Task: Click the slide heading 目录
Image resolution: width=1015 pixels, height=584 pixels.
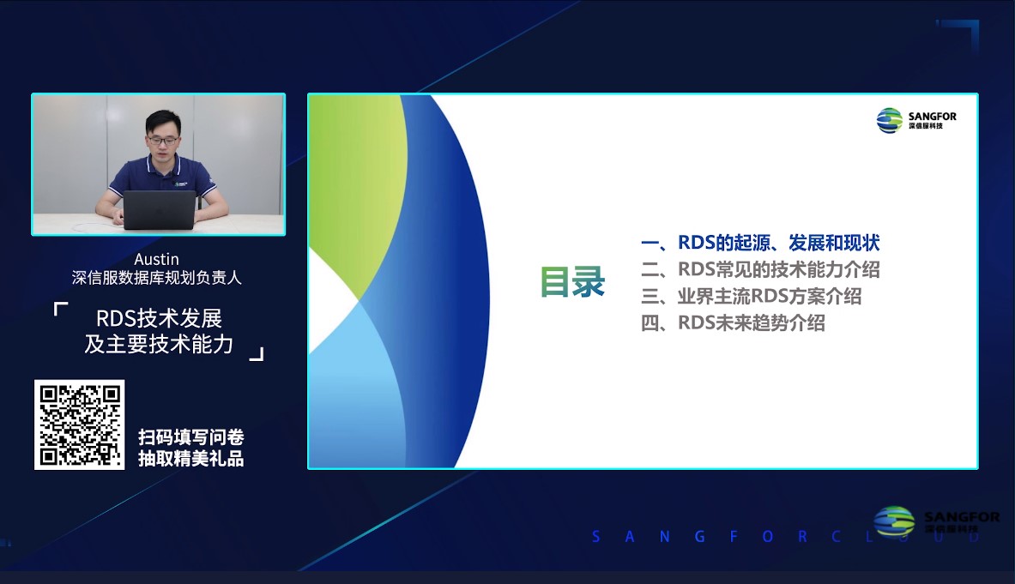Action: (x=572, y=282)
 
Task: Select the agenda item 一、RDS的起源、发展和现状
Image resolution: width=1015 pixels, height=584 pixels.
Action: (x=760, y=243)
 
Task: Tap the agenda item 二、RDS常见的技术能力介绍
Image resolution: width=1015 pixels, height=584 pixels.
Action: (x=760, y=269)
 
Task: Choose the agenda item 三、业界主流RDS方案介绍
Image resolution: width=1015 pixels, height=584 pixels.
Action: (x=751, y=297)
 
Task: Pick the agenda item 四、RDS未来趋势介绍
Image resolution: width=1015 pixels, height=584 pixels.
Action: (x=733, y=323)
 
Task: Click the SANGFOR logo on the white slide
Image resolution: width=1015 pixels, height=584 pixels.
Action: (x=915, y=120)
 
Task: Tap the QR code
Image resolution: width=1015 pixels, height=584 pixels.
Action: (x=79, y=424)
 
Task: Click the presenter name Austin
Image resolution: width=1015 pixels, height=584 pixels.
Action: (x=157, y=259)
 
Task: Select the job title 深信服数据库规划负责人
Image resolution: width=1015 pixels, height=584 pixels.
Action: (x=157, y=277)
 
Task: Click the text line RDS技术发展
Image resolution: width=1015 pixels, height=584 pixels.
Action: (x=160, y=318)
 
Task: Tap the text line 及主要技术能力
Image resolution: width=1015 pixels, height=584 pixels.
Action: (x=160, y=344)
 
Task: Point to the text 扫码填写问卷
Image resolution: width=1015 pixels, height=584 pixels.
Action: (x=190, y=436)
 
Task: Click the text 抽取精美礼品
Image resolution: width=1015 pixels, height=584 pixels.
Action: (x=190, y=459)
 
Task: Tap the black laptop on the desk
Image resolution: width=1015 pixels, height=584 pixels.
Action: (x=160, y=209)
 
